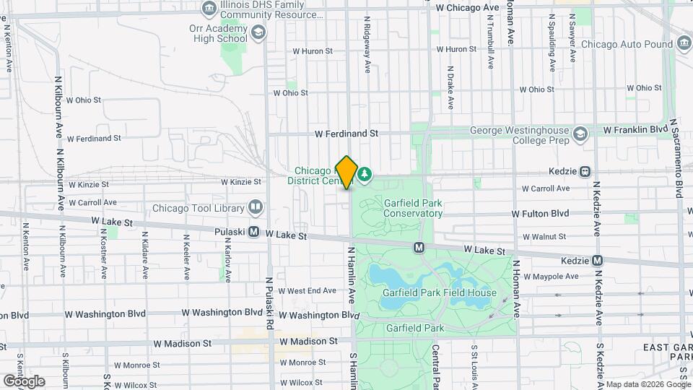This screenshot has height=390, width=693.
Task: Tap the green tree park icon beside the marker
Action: [x=365, y=173]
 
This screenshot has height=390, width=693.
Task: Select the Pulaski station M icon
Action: [x=254, y=233]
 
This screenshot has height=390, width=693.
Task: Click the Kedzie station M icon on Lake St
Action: [x=597, y=260]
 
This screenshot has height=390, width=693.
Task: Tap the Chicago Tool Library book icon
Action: [x=255, y=208]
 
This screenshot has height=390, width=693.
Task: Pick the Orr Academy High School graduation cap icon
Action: [x=258, y=32]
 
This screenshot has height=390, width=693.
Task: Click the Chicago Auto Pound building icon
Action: [x=683, y=44]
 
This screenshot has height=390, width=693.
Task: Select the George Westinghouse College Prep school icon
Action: [x=580, y=135]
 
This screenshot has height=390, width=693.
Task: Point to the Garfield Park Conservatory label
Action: [x=412, y=208]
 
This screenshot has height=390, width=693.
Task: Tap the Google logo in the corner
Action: [x=23, y=381]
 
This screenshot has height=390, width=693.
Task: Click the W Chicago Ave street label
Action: [x=468, y=7]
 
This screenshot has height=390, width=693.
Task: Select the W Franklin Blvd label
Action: [x=635, y=129]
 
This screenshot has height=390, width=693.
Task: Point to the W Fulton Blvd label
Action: [x=540, y=214]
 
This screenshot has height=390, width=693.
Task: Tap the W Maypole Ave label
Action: [x=551, y=276]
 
